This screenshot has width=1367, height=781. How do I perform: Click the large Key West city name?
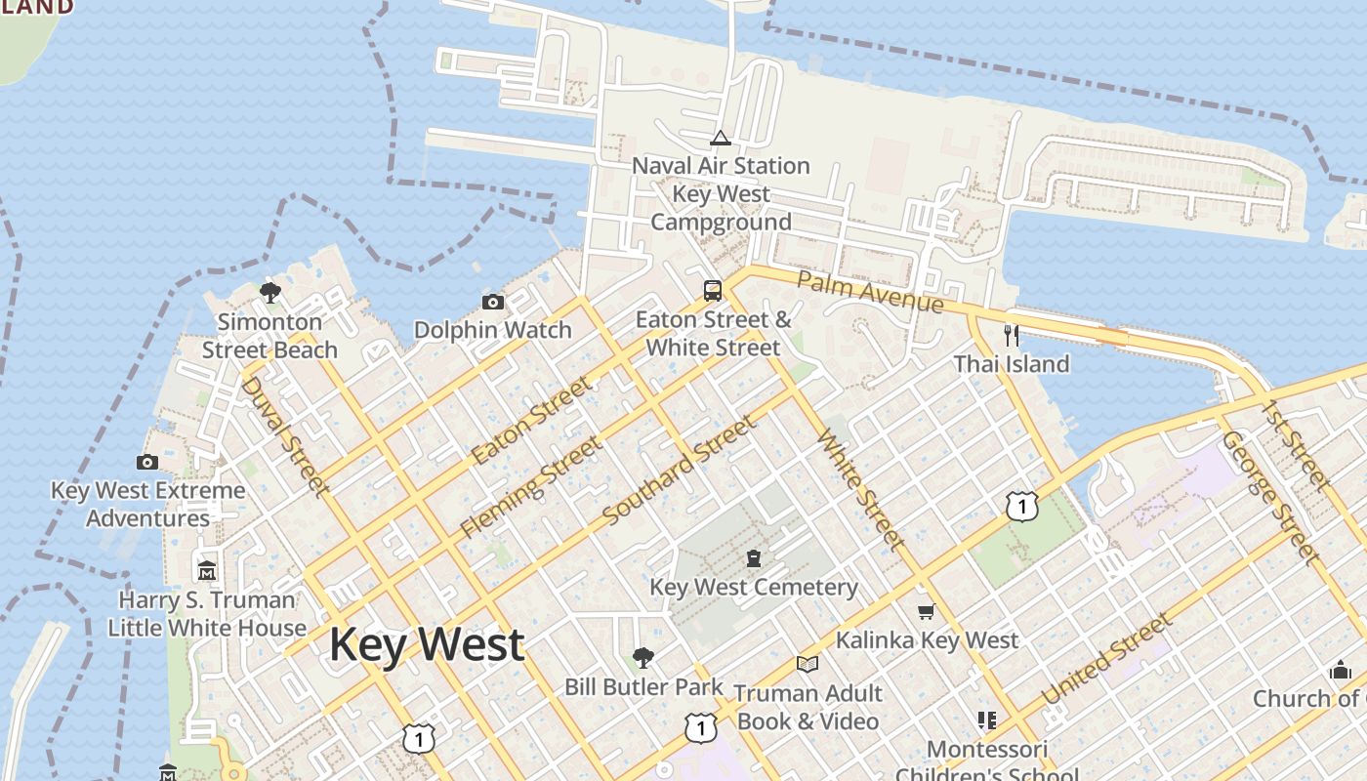[x=427, y=645]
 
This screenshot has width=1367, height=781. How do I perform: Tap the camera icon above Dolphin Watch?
[x=493, y=303]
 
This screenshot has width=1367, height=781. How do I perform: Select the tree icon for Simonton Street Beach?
[x=270, y=293]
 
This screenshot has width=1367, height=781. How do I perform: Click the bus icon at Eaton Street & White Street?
[x=713, y=291]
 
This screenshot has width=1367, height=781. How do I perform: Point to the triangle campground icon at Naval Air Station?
[x=721, y=138]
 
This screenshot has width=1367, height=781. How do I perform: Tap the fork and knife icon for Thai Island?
[x=1012, y=336]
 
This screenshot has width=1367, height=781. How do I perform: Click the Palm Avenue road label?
[x=870, y=292]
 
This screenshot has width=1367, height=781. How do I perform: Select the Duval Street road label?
[x=284, y=434]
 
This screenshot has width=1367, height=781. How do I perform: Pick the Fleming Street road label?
[x=531, y=487]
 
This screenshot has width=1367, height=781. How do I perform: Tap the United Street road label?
[x=1106, y=659]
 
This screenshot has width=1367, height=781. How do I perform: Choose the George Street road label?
[x=1270, y=497]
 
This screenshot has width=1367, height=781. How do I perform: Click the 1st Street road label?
[x=1296, y=443]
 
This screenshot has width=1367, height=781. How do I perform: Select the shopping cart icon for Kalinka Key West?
[x=926, y=612]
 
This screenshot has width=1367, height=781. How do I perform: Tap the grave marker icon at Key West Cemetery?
[x=754, y=559]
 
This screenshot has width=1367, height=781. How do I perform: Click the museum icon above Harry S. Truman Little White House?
[x=207, y=570]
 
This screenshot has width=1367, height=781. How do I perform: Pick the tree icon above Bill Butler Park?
[x=642, y=658]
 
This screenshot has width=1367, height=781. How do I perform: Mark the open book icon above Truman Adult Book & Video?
[x=807, y=665]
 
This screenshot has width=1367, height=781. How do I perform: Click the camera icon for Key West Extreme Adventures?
[x=147, y=462]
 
